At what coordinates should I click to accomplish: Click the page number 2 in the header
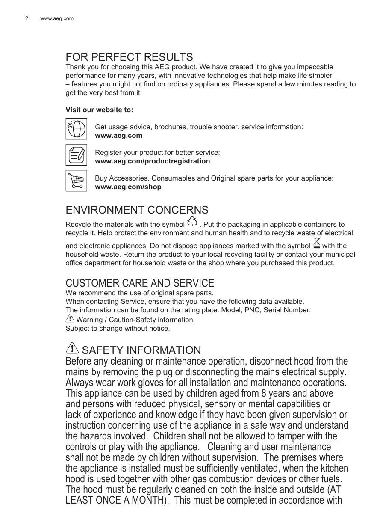(27, 18)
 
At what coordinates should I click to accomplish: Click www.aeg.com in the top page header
(56, 18)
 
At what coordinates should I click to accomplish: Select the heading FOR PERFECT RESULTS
(129, 57)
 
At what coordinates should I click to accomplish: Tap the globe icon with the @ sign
(76, 129)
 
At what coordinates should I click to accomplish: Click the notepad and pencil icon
(76, 154)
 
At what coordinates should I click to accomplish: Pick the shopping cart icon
(76, 180)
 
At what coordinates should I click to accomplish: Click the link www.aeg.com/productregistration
(152, 161)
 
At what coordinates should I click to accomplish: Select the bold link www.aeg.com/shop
(128, 187)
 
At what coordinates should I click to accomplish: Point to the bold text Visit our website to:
(99, 110)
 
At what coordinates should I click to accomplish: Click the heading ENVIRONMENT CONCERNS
(137, 210)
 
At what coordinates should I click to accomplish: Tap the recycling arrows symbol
(192, 222)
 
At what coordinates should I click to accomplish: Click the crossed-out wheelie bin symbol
(316, 243)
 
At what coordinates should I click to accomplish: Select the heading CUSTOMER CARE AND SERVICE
(140, 283)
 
